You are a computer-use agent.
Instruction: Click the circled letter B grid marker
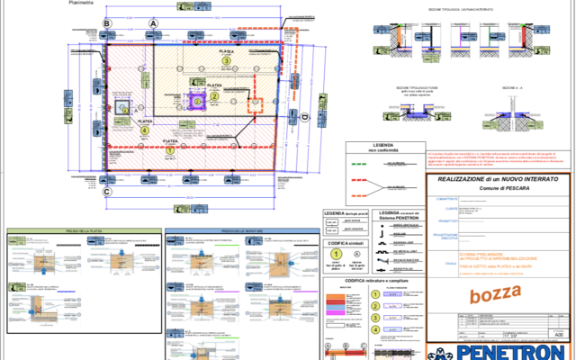click(x=107, y=24)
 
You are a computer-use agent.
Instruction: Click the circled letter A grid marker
click(x=154, y=24)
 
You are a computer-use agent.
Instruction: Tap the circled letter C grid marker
click(x=107, y=192)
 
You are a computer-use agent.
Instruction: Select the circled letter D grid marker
click(x=304, y=118)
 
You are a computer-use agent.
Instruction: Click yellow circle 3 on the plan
click(x=227, y=61)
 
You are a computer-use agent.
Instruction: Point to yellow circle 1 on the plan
click(x=170, y=151)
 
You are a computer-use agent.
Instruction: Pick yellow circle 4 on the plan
click(x=145, y=130)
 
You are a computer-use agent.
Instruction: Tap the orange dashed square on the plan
click(x=123, y=110)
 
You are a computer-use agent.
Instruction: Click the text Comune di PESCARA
click(x=499, y=190)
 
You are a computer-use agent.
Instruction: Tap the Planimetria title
click(x=84, y=4)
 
